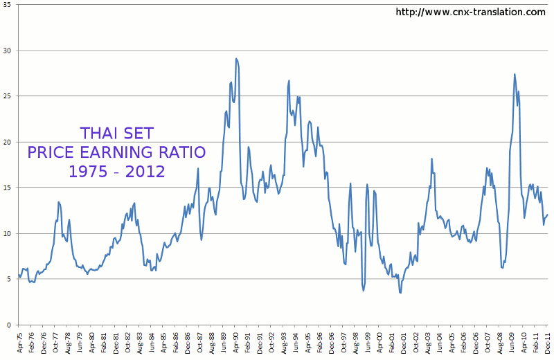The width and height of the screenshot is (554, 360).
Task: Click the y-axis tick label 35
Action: coord(7,6)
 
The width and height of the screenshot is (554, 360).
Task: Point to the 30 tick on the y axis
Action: coord(7,51)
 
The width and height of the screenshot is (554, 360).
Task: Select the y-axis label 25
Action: coord(7,96)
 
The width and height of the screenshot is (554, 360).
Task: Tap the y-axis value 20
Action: coord(7,142)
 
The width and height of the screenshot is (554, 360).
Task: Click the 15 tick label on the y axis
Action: coord(7,188)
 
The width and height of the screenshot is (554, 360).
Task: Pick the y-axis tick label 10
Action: coord(7,233)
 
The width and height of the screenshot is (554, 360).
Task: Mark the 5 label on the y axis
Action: coord(9,279)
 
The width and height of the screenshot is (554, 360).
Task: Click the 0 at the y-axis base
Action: coord(9,325)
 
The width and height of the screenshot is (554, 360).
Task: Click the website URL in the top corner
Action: coord(470,12)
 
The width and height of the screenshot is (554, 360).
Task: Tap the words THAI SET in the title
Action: coord(116,133)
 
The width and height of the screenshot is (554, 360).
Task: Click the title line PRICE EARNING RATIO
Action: coord(116,152)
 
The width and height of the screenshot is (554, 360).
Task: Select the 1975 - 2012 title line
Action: coord(116,170)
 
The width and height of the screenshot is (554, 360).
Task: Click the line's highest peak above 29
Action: coord(236,59)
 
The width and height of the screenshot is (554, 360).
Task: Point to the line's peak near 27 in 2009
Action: coord(515,74)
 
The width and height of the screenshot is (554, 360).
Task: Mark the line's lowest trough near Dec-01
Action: coord(400,293)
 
